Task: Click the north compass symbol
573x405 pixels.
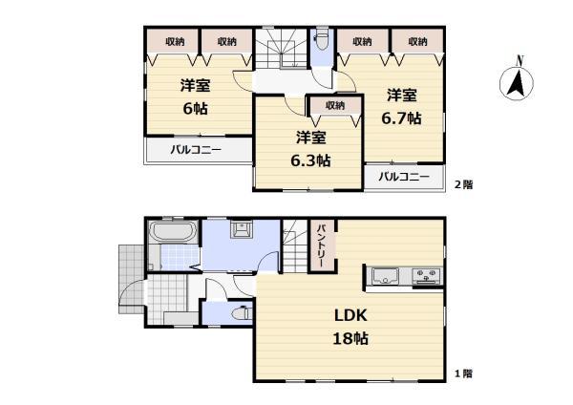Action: click(517, 81)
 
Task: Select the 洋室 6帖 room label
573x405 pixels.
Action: click(195, 96)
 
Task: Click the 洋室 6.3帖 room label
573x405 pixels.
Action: click(310, 149)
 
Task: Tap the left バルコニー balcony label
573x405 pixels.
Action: click(196, 150)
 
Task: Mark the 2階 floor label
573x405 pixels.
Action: click(463, 185)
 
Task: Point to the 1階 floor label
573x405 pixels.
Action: click(463, 373)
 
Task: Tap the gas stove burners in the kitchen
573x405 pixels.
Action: click(426, 277)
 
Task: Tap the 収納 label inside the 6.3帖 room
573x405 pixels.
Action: click(333, 105)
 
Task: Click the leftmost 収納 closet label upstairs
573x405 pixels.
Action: click(174, 41)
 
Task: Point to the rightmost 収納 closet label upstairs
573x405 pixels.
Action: click(416, 41)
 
